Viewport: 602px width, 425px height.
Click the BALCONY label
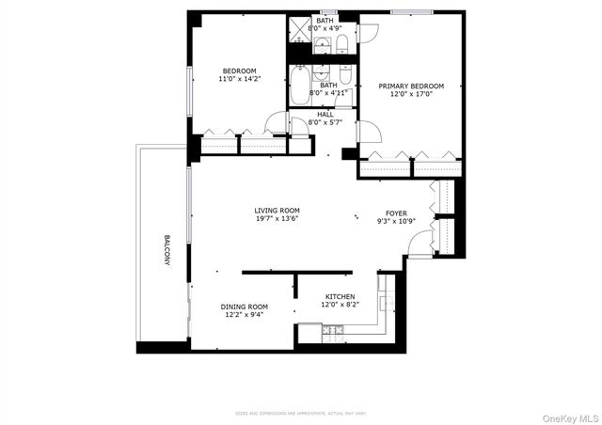pos(166,250)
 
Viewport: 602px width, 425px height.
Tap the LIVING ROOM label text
pos(277,210)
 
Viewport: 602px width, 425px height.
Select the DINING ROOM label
pos(244,307)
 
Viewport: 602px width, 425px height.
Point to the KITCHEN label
pos(340,296)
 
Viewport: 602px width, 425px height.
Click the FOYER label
pos(396,213)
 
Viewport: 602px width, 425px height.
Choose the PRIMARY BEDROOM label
pos(411,86)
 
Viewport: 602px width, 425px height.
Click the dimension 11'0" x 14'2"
pos(238,79)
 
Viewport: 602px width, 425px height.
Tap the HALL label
pos(325,114)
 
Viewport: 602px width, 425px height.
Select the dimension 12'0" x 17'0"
pos(411,94)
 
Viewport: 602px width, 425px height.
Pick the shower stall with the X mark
pos(299,29)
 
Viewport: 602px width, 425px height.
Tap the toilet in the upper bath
pos(341,43)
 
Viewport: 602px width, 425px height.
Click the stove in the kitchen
pos(332,330)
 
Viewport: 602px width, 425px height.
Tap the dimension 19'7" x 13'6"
pos(277,218)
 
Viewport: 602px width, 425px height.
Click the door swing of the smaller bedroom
pos(276,122)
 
